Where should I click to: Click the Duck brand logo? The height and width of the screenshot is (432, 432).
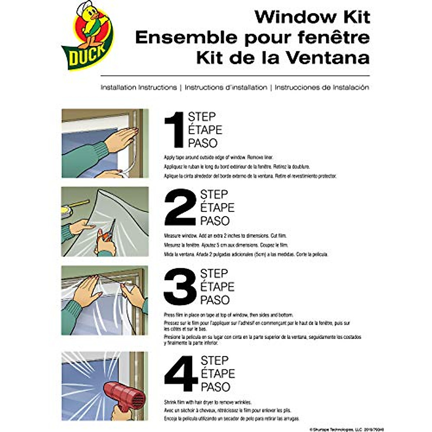tap(87, 36)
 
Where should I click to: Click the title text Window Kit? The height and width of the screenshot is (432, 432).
tap(312, 17)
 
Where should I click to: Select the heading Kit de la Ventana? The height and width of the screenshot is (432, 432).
tap(283, 58)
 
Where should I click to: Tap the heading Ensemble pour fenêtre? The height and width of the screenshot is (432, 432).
tap(252, 37)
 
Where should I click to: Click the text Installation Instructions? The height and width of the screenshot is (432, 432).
tap(139, 87)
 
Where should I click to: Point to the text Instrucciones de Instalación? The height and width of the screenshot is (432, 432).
tap(321, 87)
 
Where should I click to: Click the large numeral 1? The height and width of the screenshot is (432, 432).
tap(174, 130)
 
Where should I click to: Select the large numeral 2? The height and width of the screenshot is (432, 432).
tap(180, 207)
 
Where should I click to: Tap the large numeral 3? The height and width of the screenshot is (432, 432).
tap(180, 287)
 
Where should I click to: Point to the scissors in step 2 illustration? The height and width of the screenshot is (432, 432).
tap(108, 234)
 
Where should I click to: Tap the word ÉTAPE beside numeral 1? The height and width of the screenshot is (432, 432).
tap(205, 130)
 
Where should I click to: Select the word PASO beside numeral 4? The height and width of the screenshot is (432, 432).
tap(215, 387)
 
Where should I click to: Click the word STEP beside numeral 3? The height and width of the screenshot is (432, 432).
tap(214, 274)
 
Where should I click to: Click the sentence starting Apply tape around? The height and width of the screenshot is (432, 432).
tap(219, 157)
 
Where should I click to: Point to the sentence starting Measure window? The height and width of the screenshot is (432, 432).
tap(225, 236)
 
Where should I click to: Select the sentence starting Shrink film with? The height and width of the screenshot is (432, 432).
tap(208, 402)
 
